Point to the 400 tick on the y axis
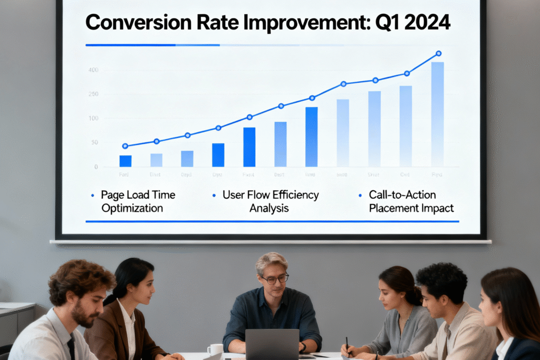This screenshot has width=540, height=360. coord(93,70)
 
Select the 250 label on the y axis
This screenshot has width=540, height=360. coord(93,94)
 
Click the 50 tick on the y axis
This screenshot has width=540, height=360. coord(94,143)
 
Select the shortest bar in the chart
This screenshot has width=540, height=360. coord(126,161)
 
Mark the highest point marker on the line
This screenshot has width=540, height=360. coord(438,53)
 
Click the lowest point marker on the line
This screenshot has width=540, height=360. coord(125,146)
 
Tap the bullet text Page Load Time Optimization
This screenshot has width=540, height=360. coord(138,201)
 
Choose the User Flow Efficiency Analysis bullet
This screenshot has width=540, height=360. coord(270,201)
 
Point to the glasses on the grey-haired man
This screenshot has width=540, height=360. coord(275,278)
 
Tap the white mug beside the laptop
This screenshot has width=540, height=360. coord(215,349)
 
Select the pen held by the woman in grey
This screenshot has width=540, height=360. coord(348,345)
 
